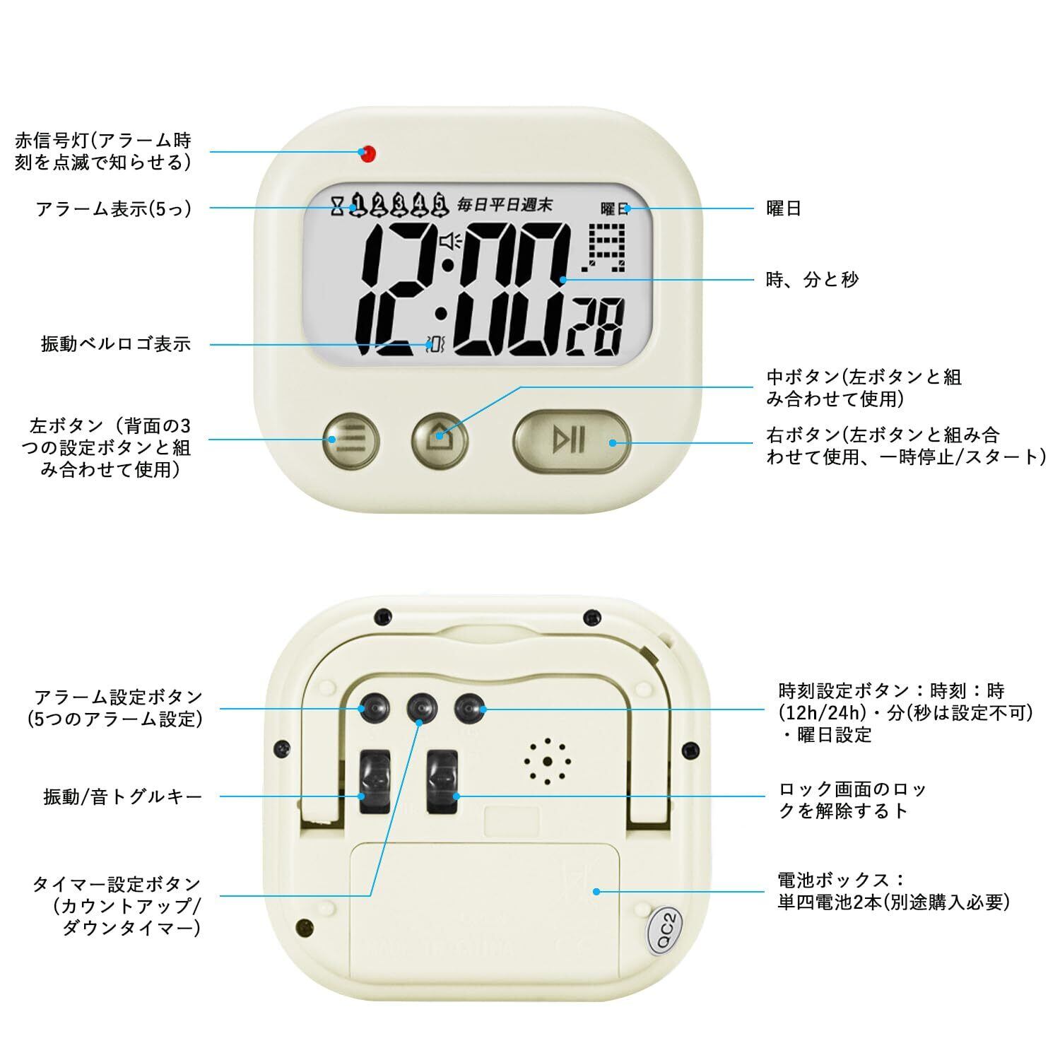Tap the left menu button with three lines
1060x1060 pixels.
[351, 440]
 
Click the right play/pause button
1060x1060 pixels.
[570, 440]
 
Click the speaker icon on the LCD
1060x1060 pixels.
[449, 242]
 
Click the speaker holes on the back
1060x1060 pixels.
[546, 762]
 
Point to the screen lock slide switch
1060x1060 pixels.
[442, 780]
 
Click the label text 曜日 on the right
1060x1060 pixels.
[784, 208]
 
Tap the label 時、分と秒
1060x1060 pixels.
[813, 280]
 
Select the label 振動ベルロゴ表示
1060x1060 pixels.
[116, 345]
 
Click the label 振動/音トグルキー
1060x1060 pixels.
[123, 797]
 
